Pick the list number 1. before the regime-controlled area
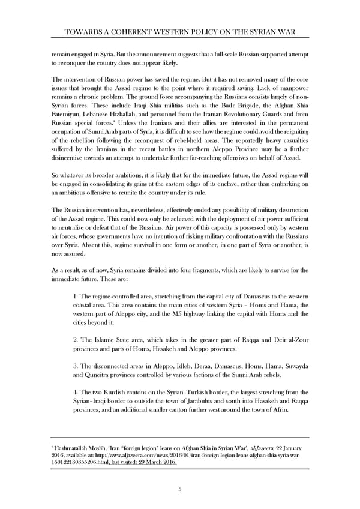pos(75,298)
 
